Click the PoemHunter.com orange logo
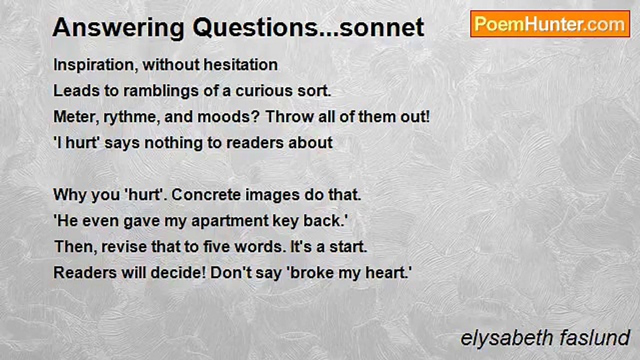point(550,24)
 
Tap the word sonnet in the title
point(381,28)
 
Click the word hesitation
point(240,64)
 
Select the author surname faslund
point(594,338)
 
